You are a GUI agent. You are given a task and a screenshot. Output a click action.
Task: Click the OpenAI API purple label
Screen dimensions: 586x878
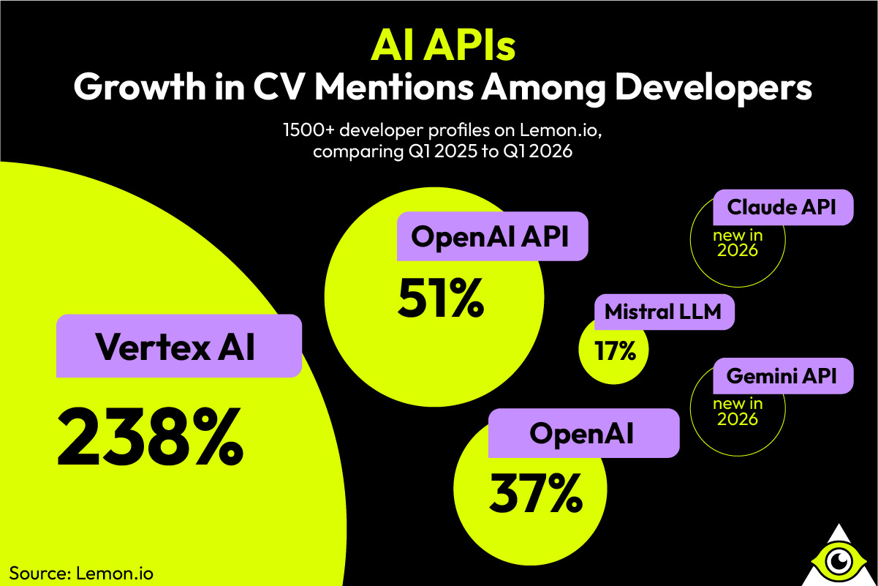click(x=491, y=236)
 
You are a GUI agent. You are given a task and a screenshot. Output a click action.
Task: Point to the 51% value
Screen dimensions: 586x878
click(x=441, y=298)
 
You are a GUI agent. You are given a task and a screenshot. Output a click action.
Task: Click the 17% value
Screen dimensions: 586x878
click(x=616, y=351)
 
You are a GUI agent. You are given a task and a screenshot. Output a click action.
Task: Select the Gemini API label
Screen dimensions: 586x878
click(x=779, y=376)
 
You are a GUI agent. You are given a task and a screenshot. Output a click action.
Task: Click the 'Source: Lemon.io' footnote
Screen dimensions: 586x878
click(x=81, y=571)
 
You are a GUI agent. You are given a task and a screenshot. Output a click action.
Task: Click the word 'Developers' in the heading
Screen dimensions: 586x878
click(x=709, y=89)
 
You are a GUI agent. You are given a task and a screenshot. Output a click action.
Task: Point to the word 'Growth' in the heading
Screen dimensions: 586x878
click(x=138, y=89)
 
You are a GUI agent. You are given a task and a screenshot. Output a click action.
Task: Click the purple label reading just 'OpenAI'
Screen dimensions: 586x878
click(x=582, y=434)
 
